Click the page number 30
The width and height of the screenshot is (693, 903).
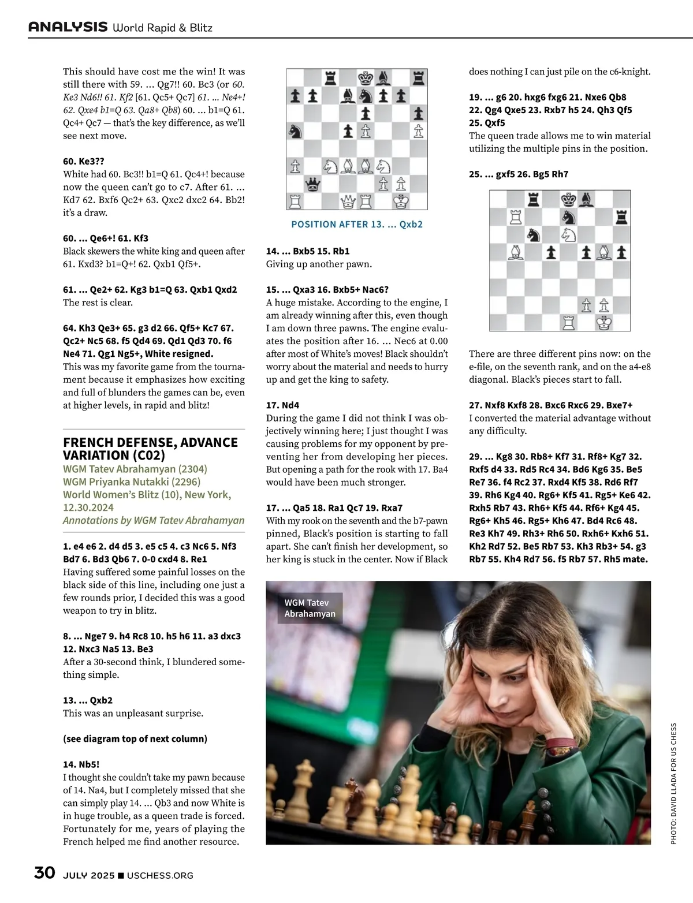pos(44,872)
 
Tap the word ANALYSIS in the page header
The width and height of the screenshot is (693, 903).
pos(68,27)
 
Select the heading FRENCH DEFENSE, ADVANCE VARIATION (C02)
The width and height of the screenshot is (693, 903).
pos(150,449)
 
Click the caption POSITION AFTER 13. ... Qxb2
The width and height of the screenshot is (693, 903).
pos(357,224)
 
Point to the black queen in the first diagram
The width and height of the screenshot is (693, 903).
pos(313,184)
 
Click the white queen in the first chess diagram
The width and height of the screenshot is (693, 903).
pos(348,202)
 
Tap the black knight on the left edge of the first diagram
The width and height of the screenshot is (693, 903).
pos(296,132)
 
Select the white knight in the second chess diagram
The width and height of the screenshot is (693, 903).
pos(569,234)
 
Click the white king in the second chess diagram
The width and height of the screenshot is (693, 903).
pos(604,322)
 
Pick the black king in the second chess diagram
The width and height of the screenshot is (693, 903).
pos(569,199)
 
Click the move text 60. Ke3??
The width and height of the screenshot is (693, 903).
pos(84,161)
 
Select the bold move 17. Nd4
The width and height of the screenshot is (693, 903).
pos(282,405)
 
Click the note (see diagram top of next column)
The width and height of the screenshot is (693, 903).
pos(135,738)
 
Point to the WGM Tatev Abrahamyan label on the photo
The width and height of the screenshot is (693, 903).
pos(310,608)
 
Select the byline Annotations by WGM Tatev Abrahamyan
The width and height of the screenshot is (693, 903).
pos(154,520)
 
